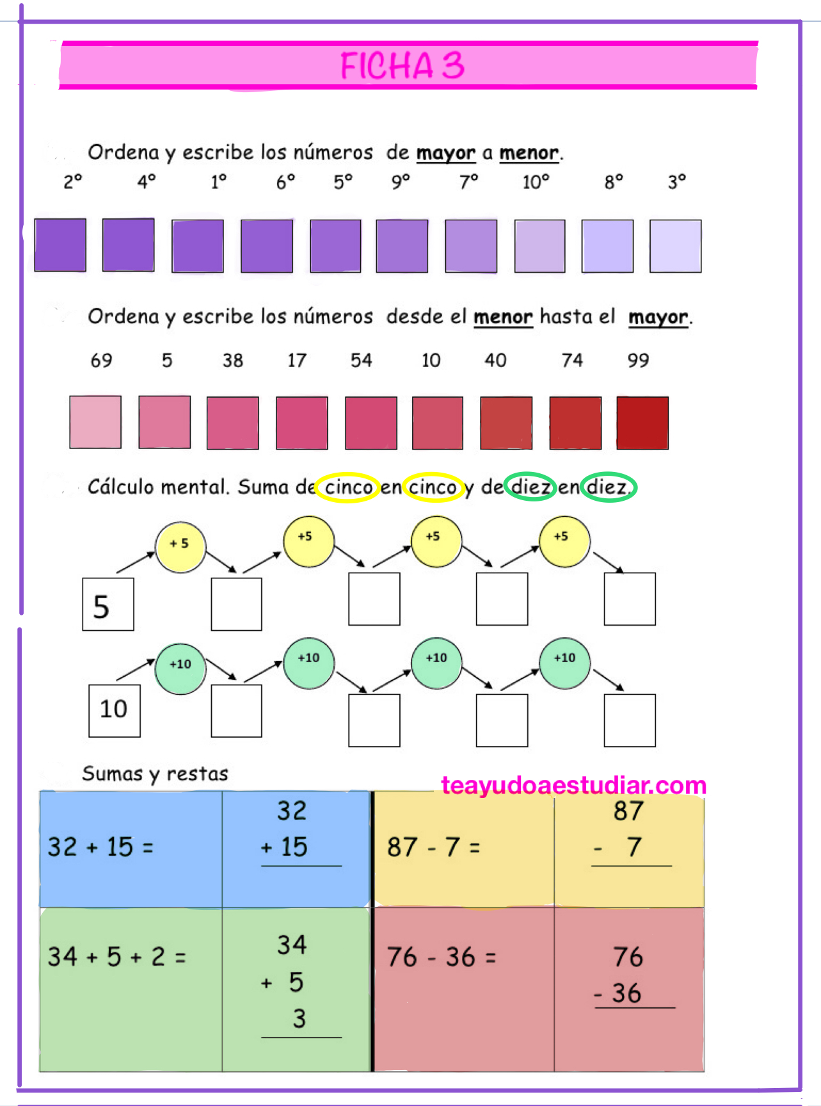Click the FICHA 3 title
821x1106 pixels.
click(402, 65)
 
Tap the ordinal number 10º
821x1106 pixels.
click(536, 183)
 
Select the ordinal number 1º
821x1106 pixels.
click(219, 183)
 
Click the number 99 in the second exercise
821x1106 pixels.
click(638, 361)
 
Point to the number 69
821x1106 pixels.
click(101, 361)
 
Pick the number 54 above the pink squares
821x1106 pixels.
click(361, 361)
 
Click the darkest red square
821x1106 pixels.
click(642, 423)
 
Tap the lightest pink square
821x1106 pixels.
click(95, 422)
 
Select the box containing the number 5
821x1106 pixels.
click(108, 605)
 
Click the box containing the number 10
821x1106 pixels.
click(115, 710)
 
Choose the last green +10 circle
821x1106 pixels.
click(564, 662)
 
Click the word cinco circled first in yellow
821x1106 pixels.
click(348, 487)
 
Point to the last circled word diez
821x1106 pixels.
click(607, 487)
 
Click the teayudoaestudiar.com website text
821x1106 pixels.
click(573, 785)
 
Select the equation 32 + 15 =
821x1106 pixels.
click(100, 847)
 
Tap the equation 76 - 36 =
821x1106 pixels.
click(441, 957)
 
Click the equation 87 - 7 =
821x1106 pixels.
click(433, 847)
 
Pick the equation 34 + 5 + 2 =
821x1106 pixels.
click(116, 957)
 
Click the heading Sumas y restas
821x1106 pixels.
click(155, 774)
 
